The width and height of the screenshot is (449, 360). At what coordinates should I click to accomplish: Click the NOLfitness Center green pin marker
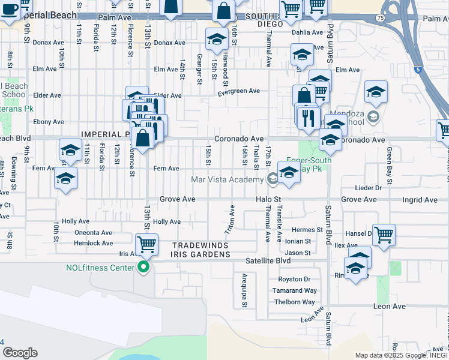click(143, 268)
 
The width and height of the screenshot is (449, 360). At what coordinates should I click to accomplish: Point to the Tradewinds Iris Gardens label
click(201, 250)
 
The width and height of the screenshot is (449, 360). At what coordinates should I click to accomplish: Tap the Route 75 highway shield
click(381, 19)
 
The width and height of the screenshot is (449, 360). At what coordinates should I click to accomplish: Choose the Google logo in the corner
click(20, 353)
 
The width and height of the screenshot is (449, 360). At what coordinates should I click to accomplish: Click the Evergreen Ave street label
click(238, 91)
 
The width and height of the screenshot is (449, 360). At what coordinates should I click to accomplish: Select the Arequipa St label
click(244, 291)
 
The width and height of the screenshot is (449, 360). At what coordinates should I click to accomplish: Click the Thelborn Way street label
click(295, 302)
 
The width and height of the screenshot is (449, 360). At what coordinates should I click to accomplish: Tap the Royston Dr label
click(294, 279)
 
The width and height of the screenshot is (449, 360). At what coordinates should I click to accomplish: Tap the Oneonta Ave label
click(93, 233)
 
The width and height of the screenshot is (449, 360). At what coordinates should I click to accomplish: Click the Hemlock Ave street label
click(93, 244)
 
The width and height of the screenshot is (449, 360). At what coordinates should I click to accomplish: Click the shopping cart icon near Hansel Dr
click(384, 235)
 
